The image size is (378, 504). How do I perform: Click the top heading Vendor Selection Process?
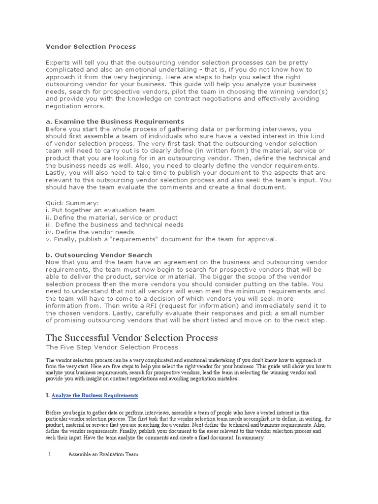click(x=91, y=47)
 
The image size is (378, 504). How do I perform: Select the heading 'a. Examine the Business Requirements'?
click(x=115, y=121)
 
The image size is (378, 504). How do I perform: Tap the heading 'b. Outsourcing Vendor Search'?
click(x=99, y=255)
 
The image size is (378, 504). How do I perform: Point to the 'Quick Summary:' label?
click(x=72, y=203)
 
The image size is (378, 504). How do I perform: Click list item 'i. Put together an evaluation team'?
click(x=100, y=210)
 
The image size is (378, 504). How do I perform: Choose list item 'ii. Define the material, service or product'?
click(x=111, y=218)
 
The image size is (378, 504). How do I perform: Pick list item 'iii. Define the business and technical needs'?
click(x=114, y=224)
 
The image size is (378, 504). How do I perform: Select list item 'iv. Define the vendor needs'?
click(x=90, y=232)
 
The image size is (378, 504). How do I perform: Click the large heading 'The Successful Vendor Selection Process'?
click(x=131, y=338)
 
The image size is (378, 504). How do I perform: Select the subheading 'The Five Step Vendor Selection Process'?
click(x=112, y=347)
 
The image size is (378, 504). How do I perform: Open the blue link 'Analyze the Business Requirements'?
click(x=94, y=395)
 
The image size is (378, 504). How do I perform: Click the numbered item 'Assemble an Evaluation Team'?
click(x=103, y=455)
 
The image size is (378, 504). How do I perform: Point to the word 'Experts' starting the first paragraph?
click(x=59, y=63)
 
